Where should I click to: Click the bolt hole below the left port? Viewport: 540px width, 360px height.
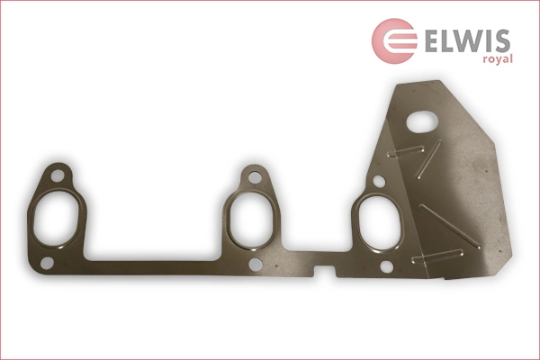(47, 262)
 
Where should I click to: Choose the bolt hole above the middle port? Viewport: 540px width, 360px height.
(255, 176)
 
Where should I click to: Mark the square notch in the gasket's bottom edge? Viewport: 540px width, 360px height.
(319, 268)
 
